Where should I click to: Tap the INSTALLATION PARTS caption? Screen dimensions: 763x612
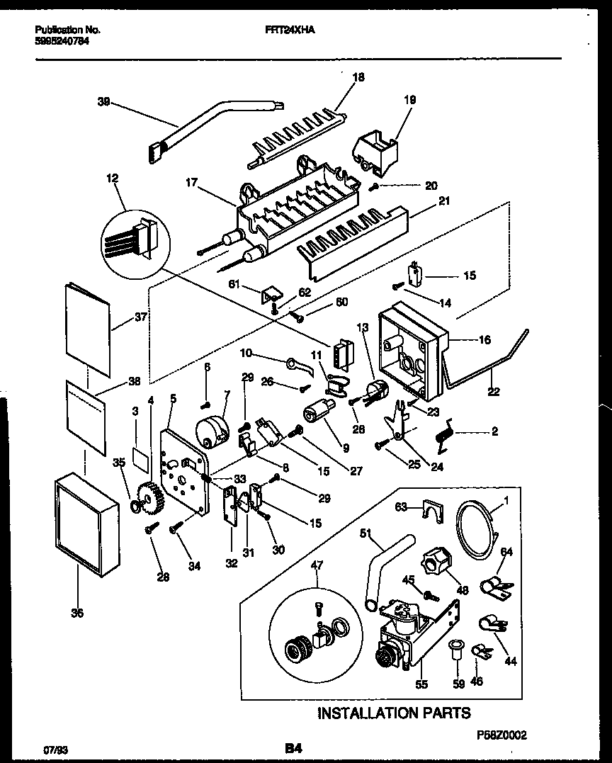coord(393,712)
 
